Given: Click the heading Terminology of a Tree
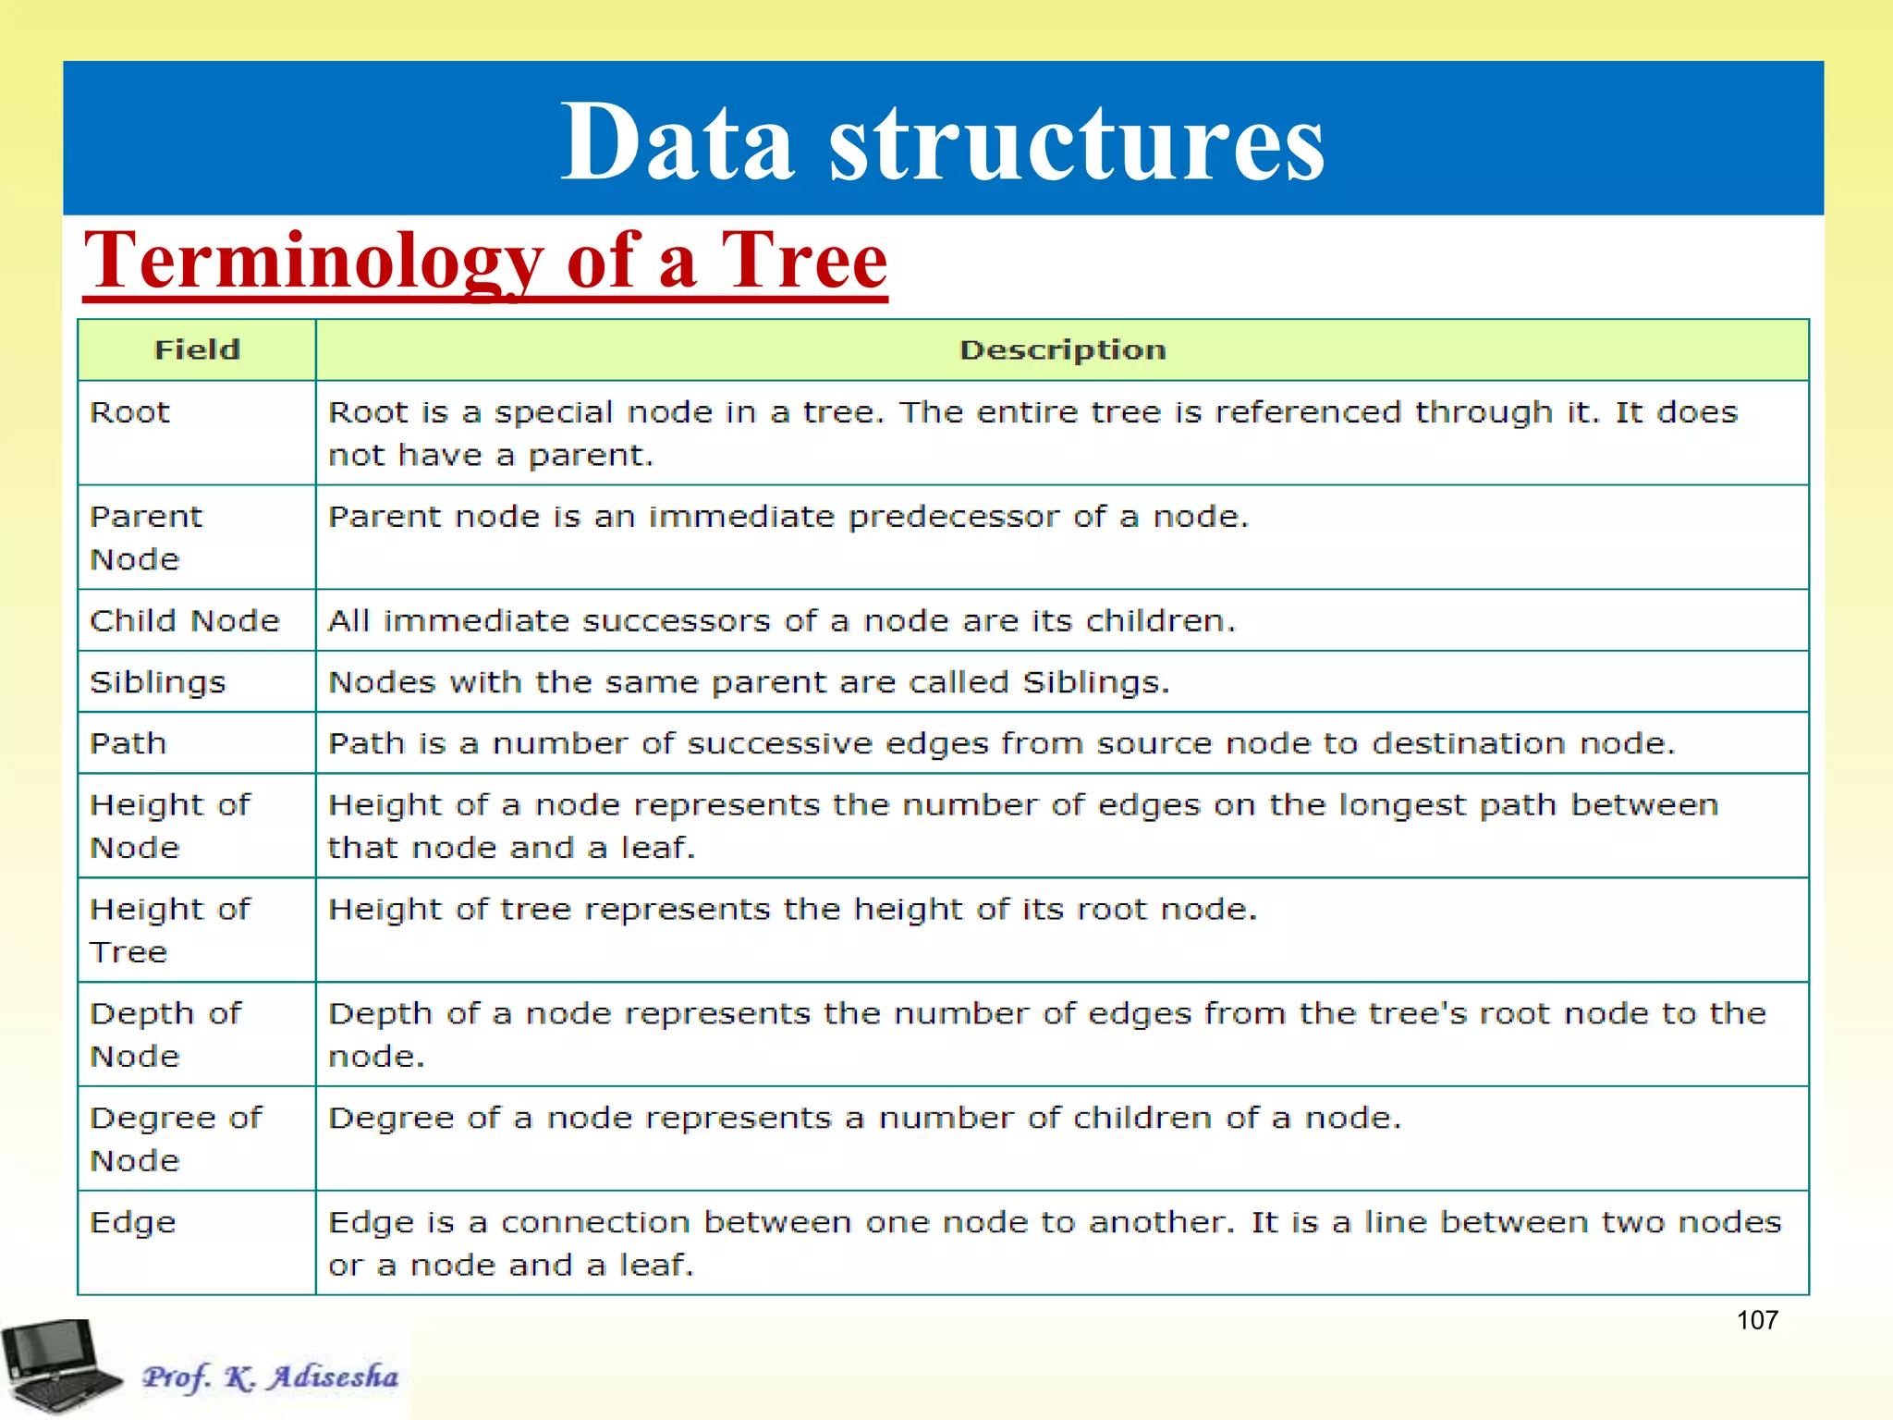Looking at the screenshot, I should pos(485,262).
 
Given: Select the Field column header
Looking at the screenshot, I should pos(197,350).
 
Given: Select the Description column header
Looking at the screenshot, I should pos(1062,350).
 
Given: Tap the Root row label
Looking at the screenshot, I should pos(129,412).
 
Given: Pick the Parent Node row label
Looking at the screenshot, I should pos(145,537).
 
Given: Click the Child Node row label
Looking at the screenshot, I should pos(184,620).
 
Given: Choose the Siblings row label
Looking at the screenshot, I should pos(157,682).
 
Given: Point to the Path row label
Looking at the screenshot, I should pos(128,743).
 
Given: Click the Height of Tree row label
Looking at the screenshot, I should pos(169,930).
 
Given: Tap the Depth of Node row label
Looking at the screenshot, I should pos(165,1034).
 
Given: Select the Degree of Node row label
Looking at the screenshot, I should pos(176,1139).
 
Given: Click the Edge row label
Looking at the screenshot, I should pos(132,1223).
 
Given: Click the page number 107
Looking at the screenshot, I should pos(1756,1320).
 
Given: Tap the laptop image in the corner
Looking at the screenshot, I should pos(60,1366).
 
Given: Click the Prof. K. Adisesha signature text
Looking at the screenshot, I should pos(270,1377).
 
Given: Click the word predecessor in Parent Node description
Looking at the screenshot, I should pos(953,517).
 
